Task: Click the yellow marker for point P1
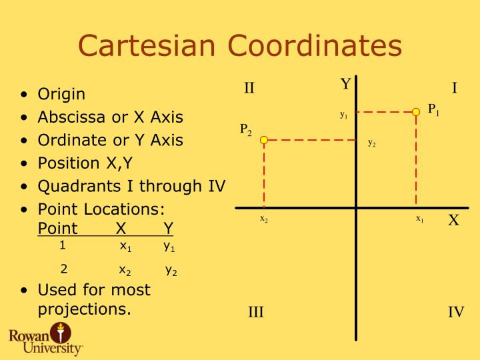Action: coord(416,111)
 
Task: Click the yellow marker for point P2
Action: coord(264,140)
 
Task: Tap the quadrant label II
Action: coord(249,88)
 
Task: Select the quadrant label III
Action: coord(256,312)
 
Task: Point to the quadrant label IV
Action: coord(456,312)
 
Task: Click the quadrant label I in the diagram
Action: coord(455,88)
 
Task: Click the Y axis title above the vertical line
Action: coord(345,84)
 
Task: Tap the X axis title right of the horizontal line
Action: coord(453,221)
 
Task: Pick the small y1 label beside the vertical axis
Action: coord(343,115)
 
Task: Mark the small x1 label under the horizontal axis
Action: coord(420,219)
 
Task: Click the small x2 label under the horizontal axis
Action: coord(264,219)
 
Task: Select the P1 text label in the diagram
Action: coord(433,110)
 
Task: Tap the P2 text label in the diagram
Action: coord(246,129)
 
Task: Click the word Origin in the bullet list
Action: coord(61,94)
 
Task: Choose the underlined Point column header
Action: coord(57,228)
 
